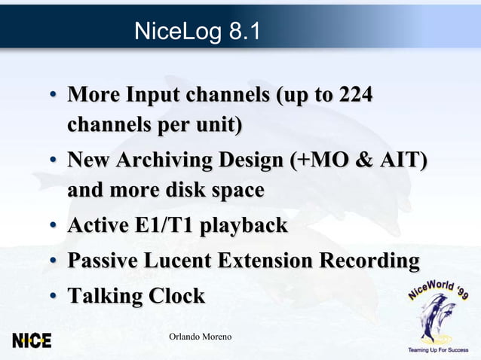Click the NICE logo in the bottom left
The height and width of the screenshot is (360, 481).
tap(32, 340)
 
